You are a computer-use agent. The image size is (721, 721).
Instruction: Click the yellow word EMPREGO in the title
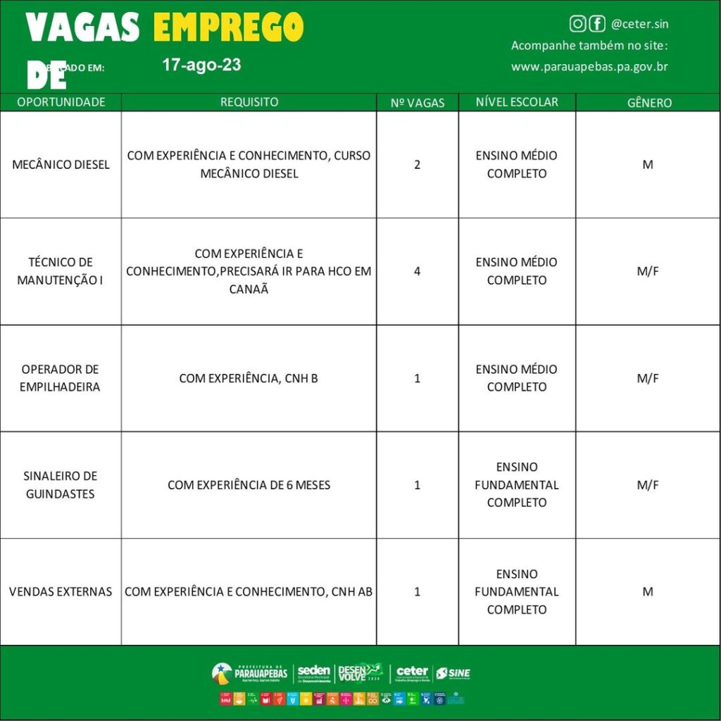(x=228, y=28)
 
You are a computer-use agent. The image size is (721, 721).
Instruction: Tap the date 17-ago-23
(x=201, y=65)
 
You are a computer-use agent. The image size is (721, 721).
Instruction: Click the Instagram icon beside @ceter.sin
(x=577, y=24)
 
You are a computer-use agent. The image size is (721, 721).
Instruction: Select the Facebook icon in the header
(x=597, y=24)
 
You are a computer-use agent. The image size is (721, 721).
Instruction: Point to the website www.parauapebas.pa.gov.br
(x=589, y=67)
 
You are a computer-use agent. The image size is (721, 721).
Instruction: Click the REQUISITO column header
(x=249, y=102)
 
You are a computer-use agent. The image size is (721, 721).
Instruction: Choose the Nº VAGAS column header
(x=418, y=103)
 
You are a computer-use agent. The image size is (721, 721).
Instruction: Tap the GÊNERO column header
(x=649, y=103)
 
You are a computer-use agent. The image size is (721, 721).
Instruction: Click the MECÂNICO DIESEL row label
(x=61, y=165)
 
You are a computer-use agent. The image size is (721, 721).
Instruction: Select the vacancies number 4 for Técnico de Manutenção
(x=418, y=271)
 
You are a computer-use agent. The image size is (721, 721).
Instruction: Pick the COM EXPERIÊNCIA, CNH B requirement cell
(x=249, y=378)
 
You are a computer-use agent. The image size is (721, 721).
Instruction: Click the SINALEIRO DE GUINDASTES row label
(x=61, y=485)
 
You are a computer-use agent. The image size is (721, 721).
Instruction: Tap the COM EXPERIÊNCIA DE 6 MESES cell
(x=249, y=485)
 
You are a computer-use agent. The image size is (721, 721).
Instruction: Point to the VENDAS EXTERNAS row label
(x=61, y=591)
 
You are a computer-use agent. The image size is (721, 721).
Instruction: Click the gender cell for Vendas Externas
(x=648, y=591)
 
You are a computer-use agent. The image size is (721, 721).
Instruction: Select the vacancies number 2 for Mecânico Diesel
(x=418, y=165)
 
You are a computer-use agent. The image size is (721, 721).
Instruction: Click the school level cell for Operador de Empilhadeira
(x=517, y=378)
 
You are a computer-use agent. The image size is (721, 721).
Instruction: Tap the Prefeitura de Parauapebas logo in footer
(x=249, y=673)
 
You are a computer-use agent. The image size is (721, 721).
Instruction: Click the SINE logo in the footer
(x=453, y=673)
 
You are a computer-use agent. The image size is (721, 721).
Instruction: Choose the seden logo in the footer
(x=313, y=673)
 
